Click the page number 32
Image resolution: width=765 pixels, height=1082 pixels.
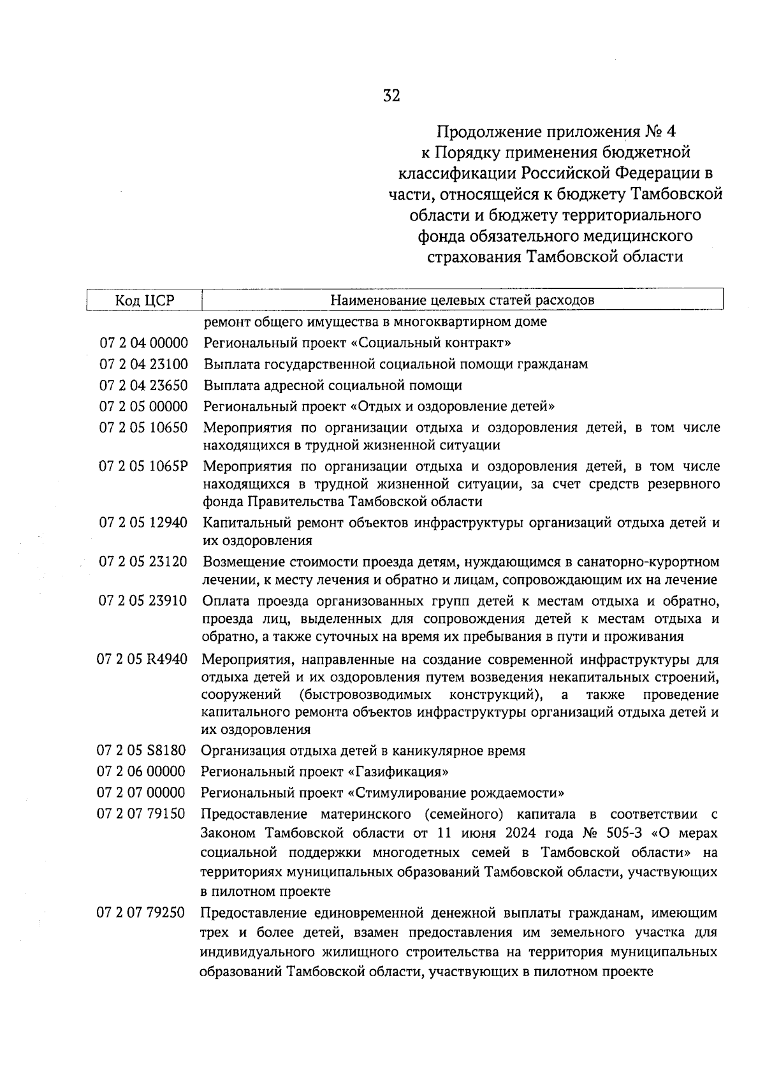click(x=391, y=96)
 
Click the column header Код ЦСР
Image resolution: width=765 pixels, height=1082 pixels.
click(x=144, y=300)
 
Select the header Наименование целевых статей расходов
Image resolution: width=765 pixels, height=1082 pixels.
click(x=462, y=300)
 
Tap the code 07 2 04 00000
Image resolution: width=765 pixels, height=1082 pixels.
click(x=144, y=344)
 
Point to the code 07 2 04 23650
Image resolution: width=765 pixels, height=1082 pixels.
click(x=144, y=386)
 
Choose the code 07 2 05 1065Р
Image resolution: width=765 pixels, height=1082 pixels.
click(x=144, y=466)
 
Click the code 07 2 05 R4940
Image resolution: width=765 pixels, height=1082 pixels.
click(x=142, y=659)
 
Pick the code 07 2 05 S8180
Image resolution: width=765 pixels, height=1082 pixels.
click(x=141, y=750)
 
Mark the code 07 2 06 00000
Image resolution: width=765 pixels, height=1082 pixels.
click(x=141, y=771)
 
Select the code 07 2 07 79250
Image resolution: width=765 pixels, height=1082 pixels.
click(x=141, y=913)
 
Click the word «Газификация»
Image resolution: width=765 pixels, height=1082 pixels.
click(x=398, y=772)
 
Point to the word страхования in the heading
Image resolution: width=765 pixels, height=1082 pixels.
click(x=474, y=258)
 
